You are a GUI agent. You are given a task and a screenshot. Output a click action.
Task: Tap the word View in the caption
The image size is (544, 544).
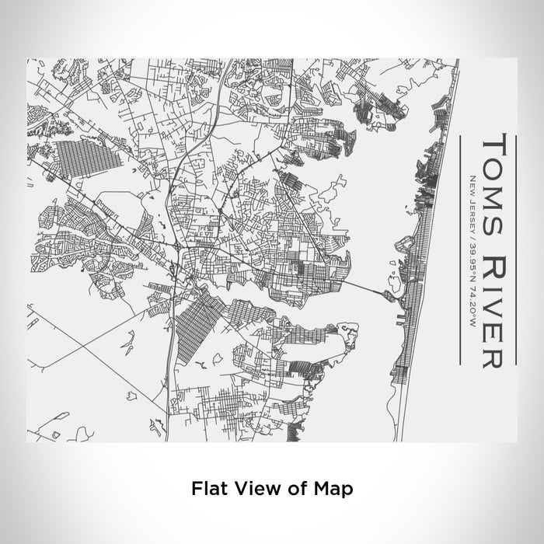254,489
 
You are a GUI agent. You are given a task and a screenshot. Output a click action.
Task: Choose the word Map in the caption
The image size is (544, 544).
335,489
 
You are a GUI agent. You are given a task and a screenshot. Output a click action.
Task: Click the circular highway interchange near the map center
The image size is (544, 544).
180,248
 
